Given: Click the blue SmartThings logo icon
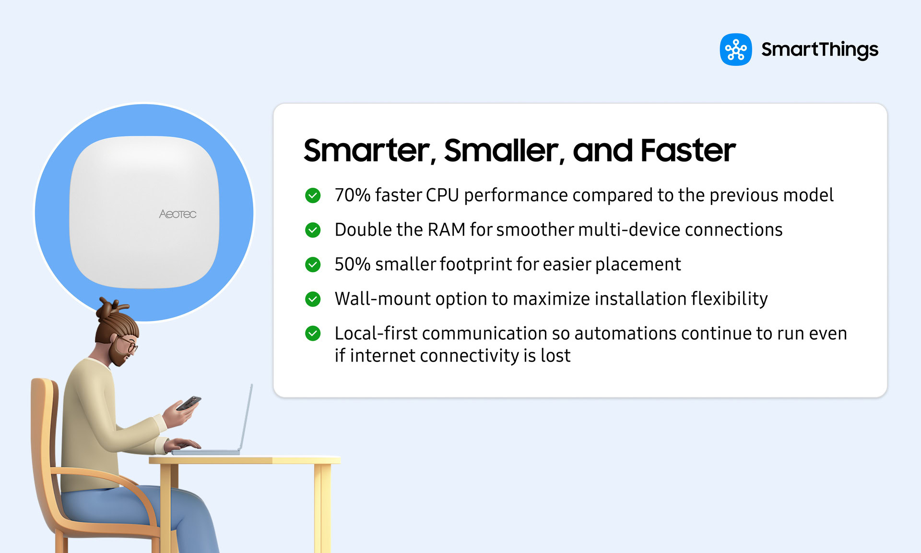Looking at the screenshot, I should [x=735, y=49].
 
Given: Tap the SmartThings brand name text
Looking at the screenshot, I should [x=819, y=49].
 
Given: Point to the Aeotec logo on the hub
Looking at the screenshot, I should [x=177, y=214].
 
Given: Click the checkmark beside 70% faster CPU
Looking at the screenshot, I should [x=313, y=195].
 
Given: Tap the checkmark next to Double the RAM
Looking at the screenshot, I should [x=313, y=230].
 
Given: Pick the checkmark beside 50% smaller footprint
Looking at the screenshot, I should [x=313, y=264].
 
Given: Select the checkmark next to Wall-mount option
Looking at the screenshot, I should [x=313, y=299].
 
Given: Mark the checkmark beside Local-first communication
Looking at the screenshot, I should [x=313, y=333].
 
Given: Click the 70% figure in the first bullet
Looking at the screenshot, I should [x=352, y=195].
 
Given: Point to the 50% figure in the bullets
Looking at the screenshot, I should [x=352, y=264].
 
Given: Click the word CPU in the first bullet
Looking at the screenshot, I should [x=442, y=195].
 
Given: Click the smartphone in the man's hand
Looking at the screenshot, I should [x=189, y=403].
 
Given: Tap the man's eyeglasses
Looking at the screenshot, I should [x=128, y=343].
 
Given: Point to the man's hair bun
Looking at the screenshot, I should [x=109, y=308].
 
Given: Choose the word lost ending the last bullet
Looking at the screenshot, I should [x=555, y=356].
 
